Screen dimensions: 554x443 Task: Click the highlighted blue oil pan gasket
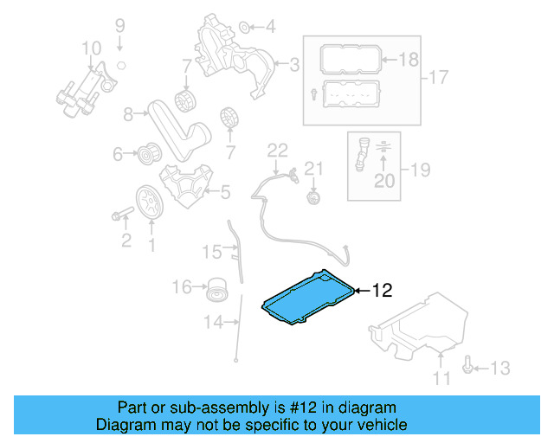(307, 299)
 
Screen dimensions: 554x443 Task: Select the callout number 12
(383, 291)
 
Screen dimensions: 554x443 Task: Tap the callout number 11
(442, 378)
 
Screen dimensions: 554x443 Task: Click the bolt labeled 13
(468, 368)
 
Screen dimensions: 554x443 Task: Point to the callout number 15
(212, 252)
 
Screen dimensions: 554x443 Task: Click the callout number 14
(213, 323)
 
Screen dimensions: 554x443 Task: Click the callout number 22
(276, 151)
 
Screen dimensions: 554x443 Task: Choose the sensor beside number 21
(312, 199)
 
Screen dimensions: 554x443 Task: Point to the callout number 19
(419, 170)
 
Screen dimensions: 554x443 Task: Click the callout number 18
(408, 59)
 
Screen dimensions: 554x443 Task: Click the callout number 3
(294, 63)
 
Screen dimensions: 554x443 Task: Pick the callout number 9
(120, 25)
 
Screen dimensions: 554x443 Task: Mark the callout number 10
(92, 48)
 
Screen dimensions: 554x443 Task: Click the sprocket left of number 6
(148, 156)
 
